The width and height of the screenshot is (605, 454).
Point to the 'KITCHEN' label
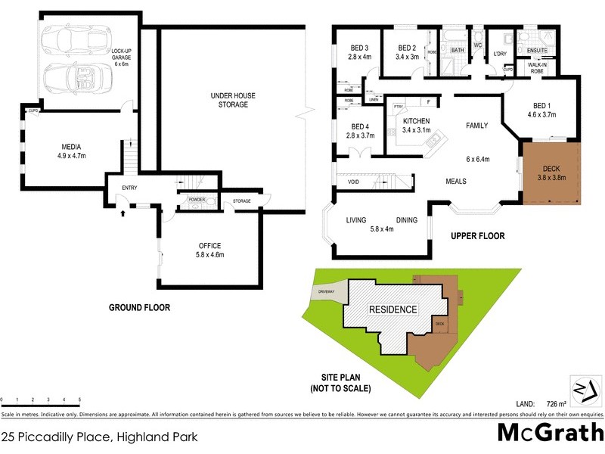[417, 121]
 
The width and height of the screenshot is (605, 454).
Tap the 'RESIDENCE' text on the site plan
[392, 309]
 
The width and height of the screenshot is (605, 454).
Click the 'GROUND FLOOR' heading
[139, 308]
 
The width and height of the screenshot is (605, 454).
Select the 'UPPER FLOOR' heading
[477, 236]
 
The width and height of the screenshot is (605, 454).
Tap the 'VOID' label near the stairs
[353, 182]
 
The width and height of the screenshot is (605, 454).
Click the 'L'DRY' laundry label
[499, 54]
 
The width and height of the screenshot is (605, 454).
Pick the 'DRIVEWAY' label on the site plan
[326, 291]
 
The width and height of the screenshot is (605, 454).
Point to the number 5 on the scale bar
[79, 399]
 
